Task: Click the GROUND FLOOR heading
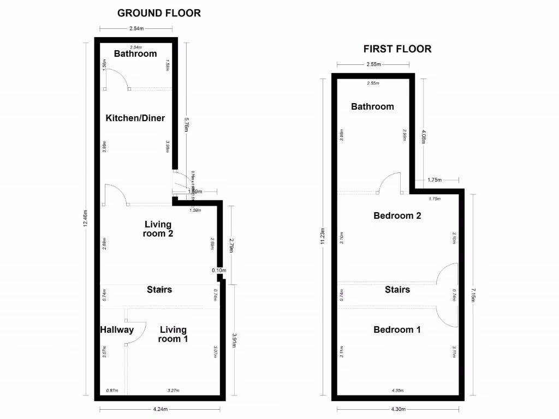(159, 13)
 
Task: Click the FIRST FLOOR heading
(397, 49)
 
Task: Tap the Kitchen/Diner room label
(135, 118)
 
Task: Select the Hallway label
(117, 330)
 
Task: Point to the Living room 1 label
(173, 334)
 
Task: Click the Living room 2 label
(158, 229)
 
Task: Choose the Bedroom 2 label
(397, 216)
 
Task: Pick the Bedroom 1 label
(397, 330)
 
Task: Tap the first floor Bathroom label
(372, 106)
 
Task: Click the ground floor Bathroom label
(135, 53)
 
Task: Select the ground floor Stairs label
(159, 289)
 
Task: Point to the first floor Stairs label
(397, 289)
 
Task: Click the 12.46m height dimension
(86, 219)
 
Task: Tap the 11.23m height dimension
(323, 237)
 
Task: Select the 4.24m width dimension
(160, 409)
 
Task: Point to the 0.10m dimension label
(219, 270)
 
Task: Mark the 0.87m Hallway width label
(112, 391)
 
